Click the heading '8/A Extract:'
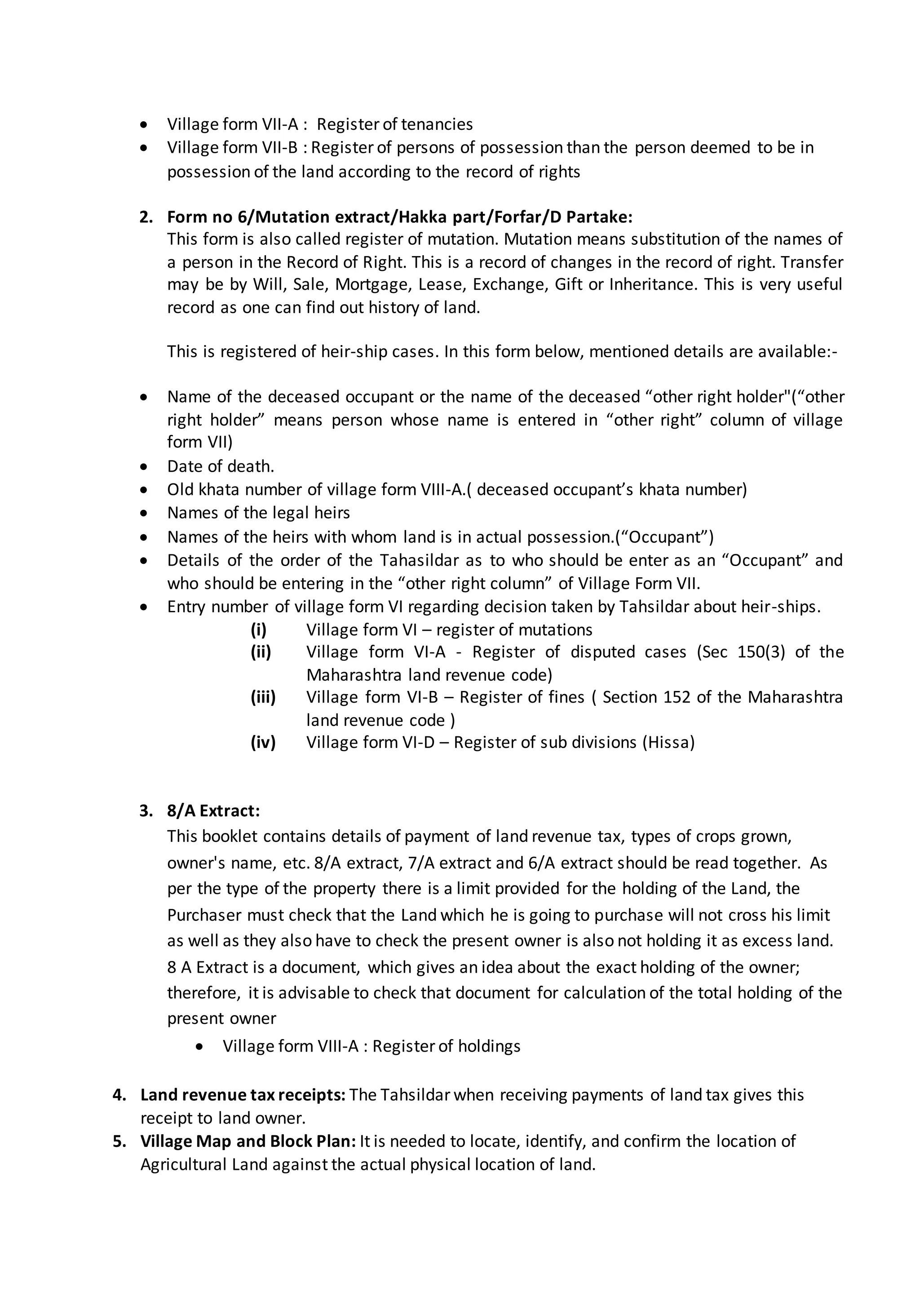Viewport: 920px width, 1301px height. pyautogui.click(x=213, y=811)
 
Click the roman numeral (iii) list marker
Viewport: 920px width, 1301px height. pyautogui.click(x=263, y=697)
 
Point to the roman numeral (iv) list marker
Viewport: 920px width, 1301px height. pyautogui.click(x=263, y=742)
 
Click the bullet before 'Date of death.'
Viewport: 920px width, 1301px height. pyautogui.click(x=145, y=467)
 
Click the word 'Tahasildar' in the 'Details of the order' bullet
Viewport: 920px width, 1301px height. pyautogui.click(x=416, y=560)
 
